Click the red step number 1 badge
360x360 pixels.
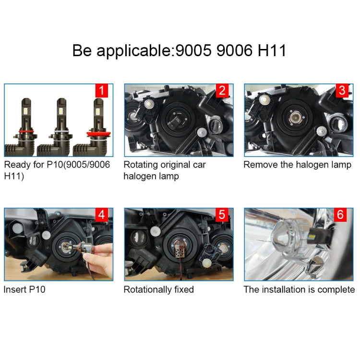tap(101, 91)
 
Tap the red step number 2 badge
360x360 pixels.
tap(221, 91)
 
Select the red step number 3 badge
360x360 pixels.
tap(342, 91)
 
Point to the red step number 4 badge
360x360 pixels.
tap(101, 215)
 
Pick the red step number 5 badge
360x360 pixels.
tap(221, 215)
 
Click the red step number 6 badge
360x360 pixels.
tap(341, 215)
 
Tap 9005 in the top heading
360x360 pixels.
tap(192, 50)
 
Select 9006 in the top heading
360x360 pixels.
tap(235, 50)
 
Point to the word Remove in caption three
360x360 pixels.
tap(260, 165)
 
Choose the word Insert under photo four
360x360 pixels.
tap(15, 289)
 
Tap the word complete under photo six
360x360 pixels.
tap(338, 289)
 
